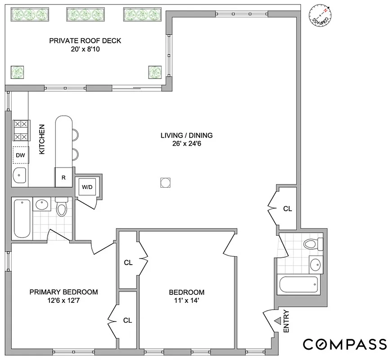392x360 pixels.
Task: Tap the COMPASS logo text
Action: (344, 344)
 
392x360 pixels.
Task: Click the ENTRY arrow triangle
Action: (278, 320)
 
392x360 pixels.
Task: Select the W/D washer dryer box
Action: (87, 187)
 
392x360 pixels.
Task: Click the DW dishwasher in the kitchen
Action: (21, 155)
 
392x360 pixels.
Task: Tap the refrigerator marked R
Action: (64, 177)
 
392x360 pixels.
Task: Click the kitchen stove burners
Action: (21, 130)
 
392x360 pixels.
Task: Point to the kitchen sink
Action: (19, 176)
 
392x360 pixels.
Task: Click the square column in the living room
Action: (165, 183)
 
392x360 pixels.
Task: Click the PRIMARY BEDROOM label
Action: (63, 292)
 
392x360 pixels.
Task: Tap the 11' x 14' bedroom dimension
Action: (187, 301)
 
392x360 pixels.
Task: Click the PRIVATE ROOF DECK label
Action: (85, 41)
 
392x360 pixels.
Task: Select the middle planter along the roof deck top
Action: (86, 14)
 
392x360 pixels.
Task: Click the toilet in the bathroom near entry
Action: (312, 244)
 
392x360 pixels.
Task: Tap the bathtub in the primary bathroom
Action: (22, 219)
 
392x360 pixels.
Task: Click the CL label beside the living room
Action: (287, 209)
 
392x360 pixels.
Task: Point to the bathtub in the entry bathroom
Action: (298, 284)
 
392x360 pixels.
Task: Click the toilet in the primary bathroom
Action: (61, 208)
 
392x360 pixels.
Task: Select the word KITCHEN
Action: (42, 139)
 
